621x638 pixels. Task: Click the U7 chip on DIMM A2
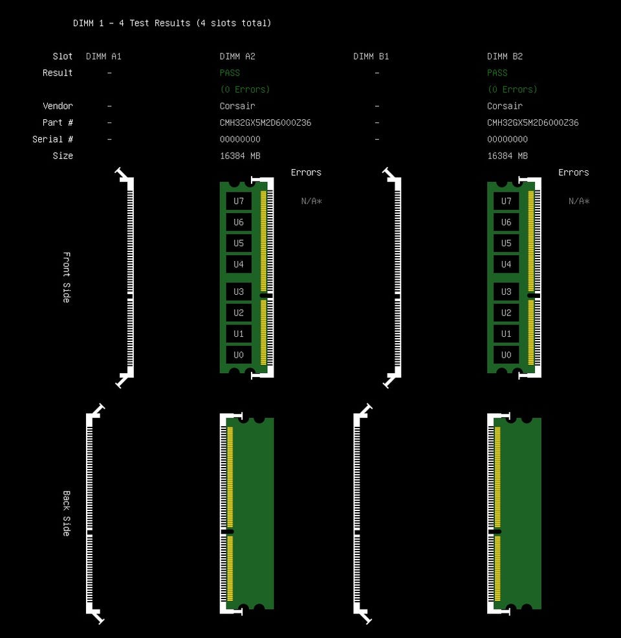[x=239, y=201]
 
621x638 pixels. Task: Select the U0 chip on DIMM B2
[x=506, y=355]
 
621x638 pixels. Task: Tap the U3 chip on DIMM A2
[x=239, y=291]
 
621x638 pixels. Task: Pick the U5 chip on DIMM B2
[x=506, y=244]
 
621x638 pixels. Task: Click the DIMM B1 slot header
[x=371, y=56]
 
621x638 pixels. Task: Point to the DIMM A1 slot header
[x=103, y=56]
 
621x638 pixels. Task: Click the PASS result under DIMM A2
[x=230, y=73]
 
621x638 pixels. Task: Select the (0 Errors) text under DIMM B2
[x=512, y=89]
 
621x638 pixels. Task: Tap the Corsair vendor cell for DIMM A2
[x=237, y=106]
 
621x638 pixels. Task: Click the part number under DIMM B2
[x=533, y=123]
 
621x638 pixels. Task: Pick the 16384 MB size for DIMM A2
[x=240, y=156]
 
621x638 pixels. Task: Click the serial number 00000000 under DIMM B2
[x=507, y=139]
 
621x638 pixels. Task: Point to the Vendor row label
[x=58, y=106]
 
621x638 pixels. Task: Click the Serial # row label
[x=52, y=139]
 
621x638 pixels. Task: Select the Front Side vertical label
[x=67, y=277]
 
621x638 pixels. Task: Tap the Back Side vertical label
[x=67, y=513]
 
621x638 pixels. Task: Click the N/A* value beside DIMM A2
[x=311, y=201]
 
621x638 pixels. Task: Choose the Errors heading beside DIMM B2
[x=573, y=172]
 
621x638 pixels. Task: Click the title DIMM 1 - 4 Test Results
[x=172, y=23]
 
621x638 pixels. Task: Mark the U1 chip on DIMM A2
[x=239, y=334]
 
